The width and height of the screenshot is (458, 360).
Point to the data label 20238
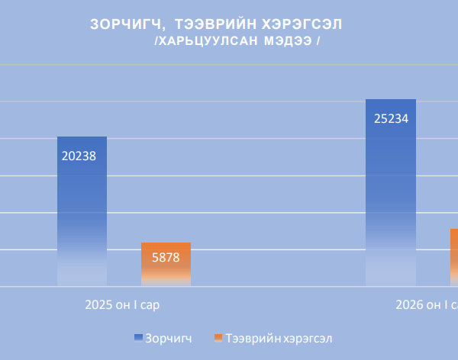coord(79,156)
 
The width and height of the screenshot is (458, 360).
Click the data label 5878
coord(166,258)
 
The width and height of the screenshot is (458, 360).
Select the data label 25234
coord(391,118)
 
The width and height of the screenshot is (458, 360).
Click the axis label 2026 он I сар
coord(426,305)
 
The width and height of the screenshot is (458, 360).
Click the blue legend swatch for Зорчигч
coord(138,337)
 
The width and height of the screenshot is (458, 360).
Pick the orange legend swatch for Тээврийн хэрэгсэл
coord(218,337)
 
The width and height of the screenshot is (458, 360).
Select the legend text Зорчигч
coord(169,338)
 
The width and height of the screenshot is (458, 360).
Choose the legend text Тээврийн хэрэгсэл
coord(279,338)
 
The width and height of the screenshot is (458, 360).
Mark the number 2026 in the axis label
coord(408,305)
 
